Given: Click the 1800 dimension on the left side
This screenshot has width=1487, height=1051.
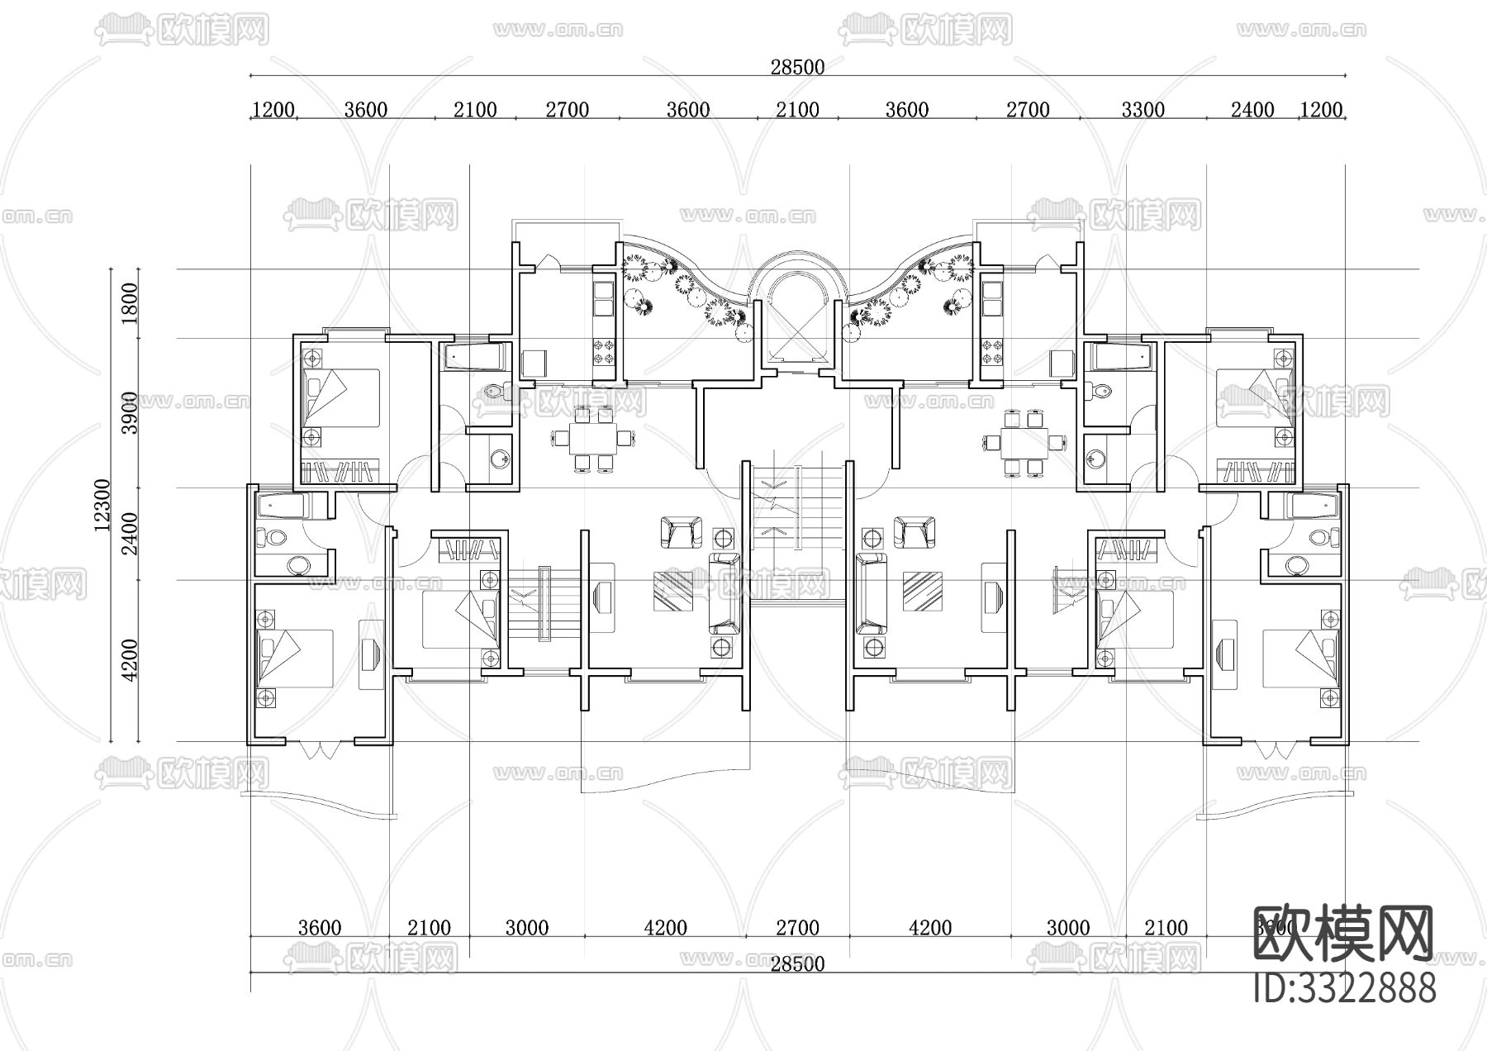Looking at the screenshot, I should point(130,303).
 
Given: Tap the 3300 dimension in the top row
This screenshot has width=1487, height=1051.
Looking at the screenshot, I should point(1143,110).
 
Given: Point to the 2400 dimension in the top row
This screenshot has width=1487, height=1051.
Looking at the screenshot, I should point(1252,110).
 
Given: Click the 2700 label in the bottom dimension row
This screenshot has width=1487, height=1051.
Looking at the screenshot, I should point(797,928).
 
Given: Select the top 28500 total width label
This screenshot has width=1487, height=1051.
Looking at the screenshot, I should point(797,67).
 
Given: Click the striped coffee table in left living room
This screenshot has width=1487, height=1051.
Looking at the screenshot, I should point(673,591).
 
